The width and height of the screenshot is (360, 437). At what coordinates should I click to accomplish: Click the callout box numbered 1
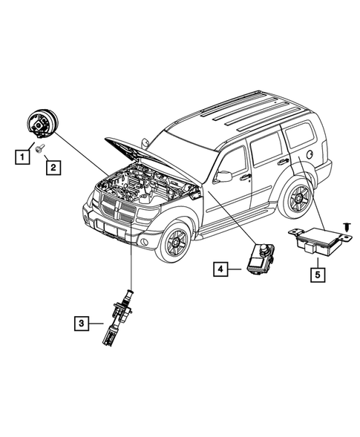[x=22, y=157]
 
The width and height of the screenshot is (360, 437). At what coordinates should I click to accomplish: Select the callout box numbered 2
[x=53, y=168]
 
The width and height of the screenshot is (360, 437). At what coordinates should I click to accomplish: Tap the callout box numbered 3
[x=82, y=323]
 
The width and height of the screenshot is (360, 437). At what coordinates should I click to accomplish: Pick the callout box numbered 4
[x=220, y=269]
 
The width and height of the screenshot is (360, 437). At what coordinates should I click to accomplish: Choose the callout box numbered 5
[x=318, y=275]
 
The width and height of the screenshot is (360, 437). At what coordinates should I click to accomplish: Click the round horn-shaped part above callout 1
[x=42, y=123]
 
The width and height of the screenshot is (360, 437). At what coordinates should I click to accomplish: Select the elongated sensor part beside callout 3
[x=117, y=317]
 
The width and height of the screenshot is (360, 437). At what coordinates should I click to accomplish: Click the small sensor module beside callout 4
[x=261, y=259]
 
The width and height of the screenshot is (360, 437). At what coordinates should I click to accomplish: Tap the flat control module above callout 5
[x=320, y=240]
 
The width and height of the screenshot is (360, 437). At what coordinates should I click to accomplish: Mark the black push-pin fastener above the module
[x=347, y=226]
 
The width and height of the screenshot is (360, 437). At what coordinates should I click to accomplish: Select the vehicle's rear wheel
[x=298, y=198]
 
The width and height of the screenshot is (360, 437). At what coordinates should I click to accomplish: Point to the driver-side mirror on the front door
[x=223, y=176]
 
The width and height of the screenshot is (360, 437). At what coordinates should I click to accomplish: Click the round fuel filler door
[x=310, y=154]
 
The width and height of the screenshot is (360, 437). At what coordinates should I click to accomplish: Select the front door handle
[x=246, y=177]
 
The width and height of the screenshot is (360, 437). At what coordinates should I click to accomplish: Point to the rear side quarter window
[x=301, y=134]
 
